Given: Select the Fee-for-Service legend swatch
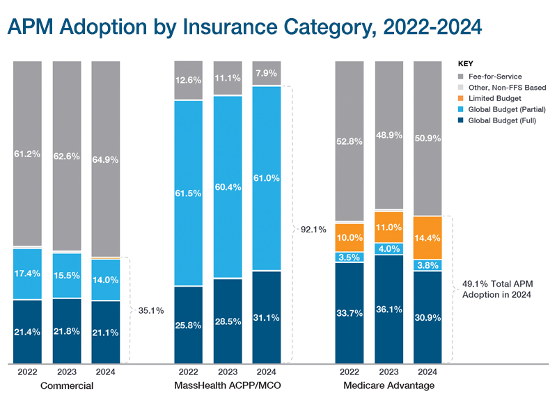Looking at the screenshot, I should [461, 76].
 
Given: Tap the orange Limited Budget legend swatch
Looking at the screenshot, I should [461, 98].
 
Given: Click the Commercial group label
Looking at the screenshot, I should [67, 385].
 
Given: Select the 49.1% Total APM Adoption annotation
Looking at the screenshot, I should [497, 289].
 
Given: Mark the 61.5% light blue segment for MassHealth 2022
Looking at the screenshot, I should [189, 193].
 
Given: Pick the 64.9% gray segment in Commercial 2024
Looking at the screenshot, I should [106, 159].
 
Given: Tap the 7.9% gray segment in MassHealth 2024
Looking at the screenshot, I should [267, 73].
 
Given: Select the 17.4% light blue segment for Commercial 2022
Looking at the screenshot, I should [27, 273].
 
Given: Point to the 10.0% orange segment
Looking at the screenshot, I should [350, 237].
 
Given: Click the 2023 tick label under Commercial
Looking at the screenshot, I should [67, 372].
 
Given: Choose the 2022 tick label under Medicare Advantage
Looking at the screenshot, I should [350, 372].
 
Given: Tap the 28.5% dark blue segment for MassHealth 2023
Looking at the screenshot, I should [228, 321].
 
